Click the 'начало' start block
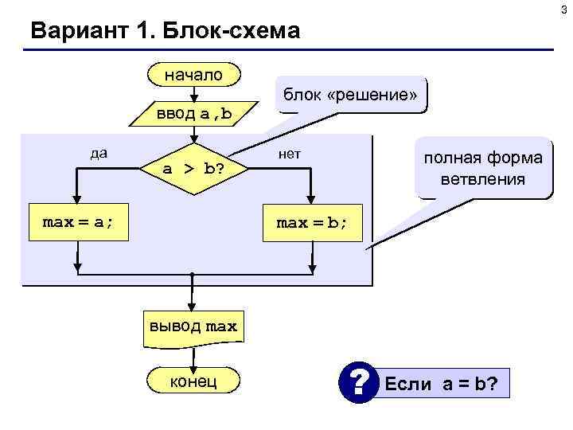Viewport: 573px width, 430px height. pyautogui.click(x=193, y=75)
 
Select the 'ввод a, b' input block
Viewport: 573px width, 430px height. pyautogui.click(x=193, y=114)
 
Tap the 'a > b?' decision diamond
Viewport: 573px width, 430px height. pyautogui.click(x=193, y=169)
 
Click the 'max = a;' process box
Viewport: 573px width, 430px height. pyautogui.click(x=77, y=222)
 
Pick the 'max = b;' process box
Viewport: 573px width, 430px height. pyautogui.click(x=312, y=222)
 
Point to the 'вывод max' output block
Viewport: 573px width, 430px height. pyautogui.click(x=191, y=327)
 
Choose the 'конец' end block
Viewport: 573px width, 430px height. pyautogui.click(x=193, y=381)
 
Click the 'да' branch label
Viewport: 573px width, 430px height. pyautogui.click(x=99, y=153)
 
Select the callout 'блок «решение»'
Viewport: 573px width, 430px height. pyautogui.click(x=349, y=95)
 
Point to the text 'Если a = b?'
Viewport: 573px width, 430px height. pyautogui.click(x=441, y=385)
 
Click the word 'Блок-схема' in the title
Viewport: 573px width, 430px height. pyautogui.click(x=235, y=31)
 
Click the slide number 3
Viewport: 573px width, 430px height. pyautogui.click(x=564, y=8)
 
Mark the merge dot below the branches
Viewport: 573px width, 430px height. pyautogui.click(x=192, y=275)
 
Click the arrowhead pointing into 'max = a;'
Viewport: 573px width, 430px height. pyautogui.click(x=77, y=202)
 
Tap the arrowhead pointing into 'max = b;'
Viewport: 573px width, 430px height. pyautogui.click(x=312, y=202)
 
